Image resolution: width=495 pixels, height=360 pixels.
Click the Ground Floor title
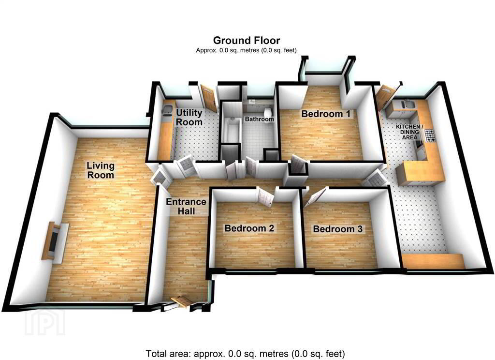247,41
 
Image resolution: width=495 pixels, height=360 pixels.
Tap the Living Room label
101,170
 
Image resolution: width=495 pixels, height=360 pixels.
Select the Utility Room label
189,117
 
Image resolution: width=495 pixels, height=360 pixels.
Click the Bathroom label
259,119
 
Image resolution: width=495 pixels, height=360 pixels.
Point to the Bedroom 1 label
326,114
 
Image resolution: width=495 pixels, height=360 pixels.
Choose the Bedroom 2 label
249,228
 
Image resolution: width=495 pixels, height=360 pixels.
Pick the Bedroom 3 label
337,228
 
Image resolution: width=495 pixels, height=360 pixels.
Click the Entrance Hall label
186,207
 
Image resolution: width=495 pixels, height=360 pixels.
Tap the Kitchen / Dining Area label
410,132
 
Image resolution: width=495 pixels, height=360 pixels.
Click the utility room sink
166,110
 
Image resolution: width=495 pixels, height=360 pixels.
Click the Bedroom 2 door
264,197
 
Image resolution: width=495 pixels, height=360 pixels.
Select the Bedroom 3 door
313,197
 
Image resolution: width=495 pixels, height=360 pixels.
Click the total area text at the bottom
245,353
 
